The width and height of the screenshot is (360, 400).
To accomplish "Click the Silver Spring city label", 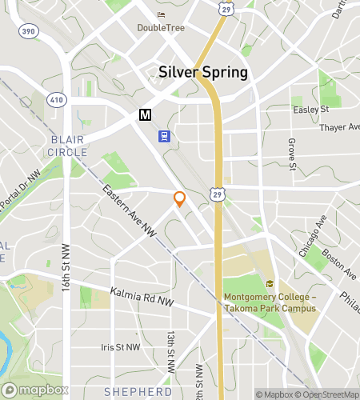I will [203, 71].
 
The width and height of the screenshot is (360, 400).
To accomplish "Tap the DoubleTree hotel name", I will [162, 27].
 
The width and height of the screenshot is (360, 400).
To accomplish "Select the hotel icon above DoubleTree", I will [162, 14].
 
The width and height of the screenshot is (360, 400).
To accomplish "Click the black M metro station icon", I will [145, 115].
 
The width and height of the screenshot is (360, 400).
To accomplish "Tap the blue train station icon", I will [165, 136].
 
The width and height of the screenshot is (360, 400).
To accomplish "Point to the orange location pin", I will [180, 199].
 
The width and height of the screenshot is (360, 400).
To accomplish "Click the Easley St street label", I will [311, 109].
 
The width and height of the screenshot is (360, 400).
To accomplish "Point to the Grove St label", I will [292, 154].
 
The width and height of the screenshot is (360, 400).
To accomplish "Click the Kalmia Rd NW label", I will [142, 298].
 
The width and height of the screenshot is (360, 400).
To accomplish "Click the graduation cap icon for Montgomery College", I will [270, 283].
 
